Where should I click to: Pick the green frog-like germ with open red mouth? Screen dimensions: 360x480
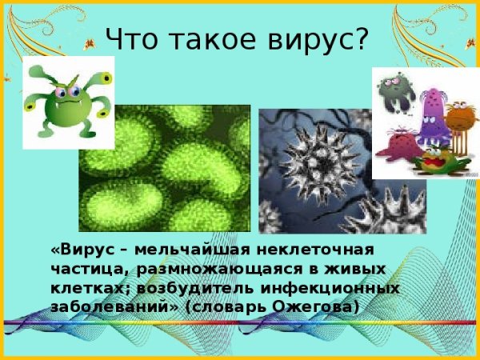coord(436,161)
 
